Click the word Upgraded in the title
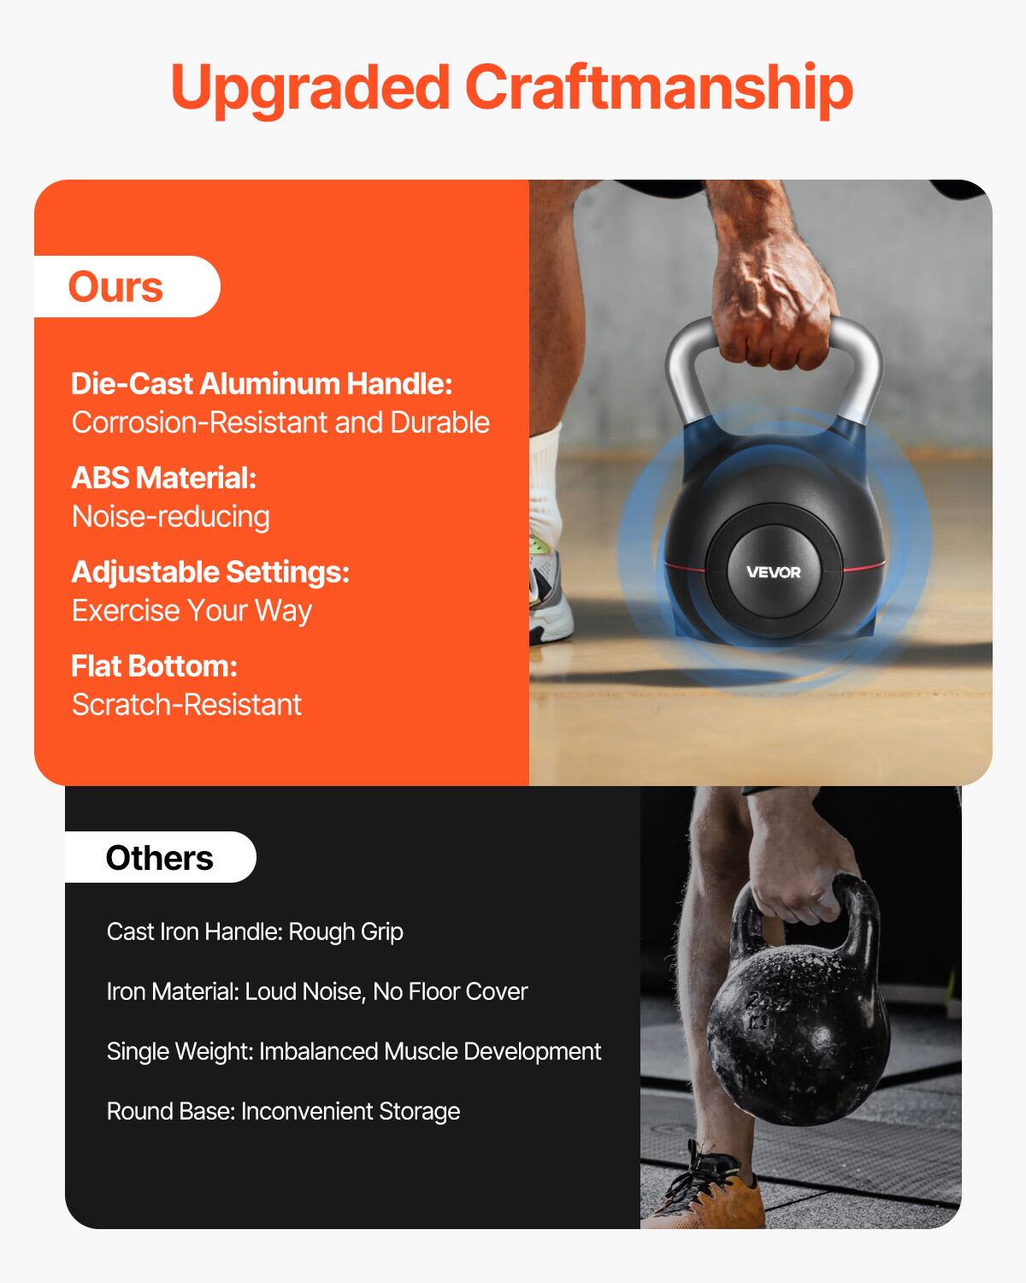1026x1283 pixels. (x=310, y=90)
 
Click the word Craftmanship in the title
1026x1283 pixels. (x=659, y=90)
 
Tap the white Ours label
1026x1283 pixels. (x=127, y=287)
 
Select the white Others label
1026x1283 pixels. (x=161, y=857)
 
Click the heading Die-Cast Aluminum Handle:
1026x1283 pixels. (x=262, y=383)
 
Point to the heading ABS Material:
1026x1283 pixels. (x=164, y=477)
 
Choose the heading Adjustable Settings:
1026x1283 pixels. (x=210, y=571)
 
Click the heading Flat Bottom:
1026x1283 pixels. (x=155, y=666)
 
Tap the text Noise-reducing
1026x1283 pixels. (x=170, y=517)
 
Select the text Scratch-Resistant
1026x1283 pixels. (x=186, y=705)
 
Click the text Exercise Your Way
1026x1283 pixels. (x=192, y=611)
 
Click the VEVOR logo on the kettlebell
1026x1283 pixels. (x=773, y=572)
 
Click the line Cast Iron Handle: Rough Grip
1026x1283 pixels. (x=255, y=931)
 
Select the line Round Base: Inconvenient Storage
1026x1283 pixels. (x=283, y=1111)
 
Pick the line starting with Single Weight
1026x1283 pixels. (x=354, y=1052)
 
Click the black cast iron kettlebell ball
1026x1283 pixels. (x=799, y=1038)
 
